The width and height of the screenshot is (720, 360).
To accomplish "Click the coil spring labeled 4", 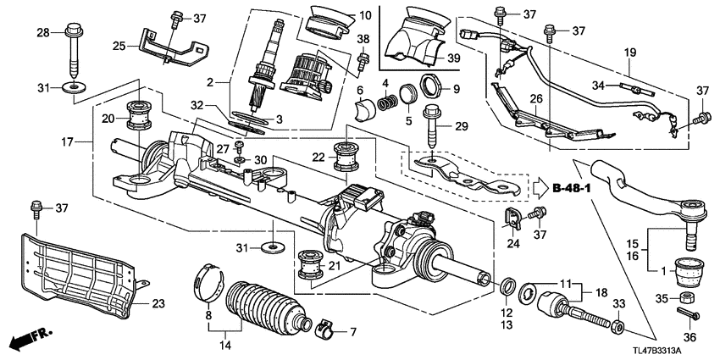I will pyautogui.click(x=386, y=104).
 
